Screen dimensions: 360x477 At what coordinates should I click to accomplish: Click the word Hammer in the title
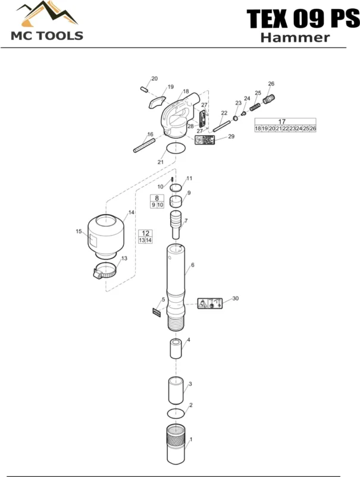click(295, 37)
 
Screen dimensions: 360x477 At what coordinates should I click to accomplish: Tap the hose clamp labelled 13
click(104, 271)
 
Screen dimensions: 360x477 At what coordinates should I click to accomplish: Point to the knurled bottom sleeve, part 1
click(176, 444)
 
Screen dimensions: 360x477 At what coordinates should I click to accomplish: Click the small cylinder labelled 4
click(176, 349)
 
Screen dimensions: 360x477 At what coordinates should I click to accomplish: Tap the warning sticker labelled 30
click(210, 303)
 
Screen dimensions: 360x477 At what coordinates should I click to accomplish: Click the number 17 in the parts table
click(282, 121)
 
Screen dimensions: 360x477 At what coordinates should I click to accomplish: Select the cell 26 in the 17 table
click(313, 128)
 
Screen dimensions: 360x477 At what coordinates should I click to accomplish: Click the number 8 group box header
click(156, 198)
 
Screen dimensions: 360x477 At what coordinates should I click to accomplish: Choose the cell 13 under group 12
click(142, 240)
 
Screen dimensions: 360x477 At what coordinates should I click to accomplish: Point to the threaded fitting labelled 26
click(269, 99)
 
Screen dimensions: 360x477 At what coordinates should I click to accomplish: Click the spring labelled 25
click(255, 107)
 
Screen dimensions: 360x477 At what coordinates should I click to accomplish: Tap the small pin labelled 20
click(144, 89)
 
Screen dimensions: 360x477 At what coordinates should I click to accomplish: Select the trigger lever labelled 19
click(158, 102)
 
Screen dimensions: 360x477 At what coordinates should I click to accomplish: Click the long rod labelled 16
click(144, 145)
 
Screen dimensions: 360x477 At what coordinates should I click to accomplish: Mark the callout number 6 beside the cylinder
click(193, 265)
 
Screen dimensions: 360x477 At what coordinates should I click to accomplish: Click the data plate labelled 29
click(205, 140)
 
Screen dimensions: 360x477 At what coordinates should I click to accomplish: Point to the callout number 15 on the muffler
click(79, 231)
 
